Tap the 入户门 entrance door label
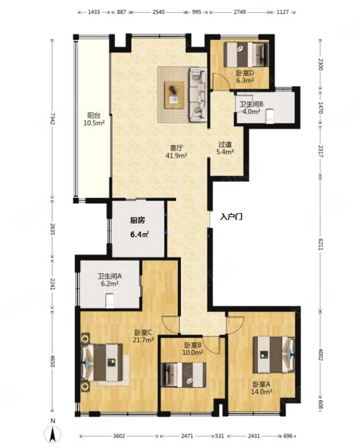(231, 217)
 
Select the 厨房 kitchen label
(138, 221)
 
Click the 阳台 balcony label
(94, 115)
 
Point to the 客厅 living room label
(176, 148)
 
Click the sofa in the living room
(198, 94)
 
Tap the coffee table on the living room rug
(174, 95)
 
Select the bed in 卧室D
(247, 55)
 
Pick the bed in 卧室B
(184, 374)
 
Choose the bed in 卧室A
(274, 355)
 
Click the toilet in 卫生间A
(109, 301)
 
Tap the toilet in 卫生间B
(270, 117)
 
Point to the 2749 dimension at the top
(240, 12)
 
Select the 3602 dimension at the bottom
(119, 436)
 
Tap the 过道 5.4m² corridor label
(225, 148)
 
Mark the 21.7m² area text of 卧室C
(143, 340)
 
